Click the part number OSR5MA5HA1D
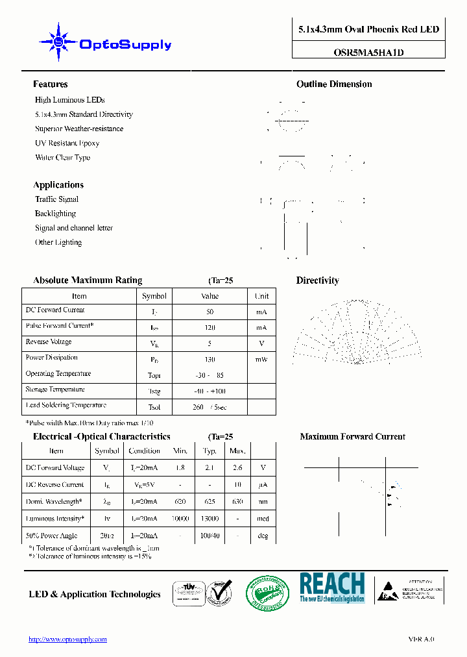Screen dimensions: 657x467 [368, 53]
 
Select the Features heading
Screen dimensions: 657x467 [50, 84]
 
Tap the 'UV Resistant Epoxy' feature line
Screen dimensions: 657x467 [67, 143]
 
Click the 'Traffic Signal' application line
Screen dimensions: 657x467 [56, 199]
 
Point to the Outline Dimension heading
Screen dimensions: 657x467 [334, 84]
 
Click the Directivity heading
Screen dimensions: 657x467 [317, 280]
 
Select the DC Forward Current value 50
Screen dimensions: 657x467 [210, 312]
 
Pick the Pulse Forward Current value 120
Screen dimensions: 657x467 [210, 328]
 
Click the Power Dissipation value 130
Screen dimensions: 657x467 [210, 359]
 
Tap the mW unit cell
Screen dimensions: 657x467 [261, 359]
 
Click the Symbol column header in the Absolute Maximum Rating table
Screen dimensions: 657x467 [154, 296]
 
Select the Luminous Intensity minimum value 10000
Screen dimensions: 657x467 [180, 519]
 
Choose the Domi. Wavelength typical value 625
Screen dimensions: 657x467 [210, 502]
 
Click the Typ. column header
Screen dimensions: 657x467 [210, 451]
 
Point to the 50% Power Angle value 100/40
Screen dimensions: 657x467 [210, 536]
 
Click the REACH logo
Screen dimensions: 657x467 [332, 588]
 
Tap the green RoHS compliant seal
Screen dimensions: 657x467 [267, 592]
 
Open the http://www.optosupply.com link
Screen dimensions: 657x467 [67, 639]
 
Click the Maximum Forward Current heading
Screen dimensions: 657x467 [352, 437]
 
